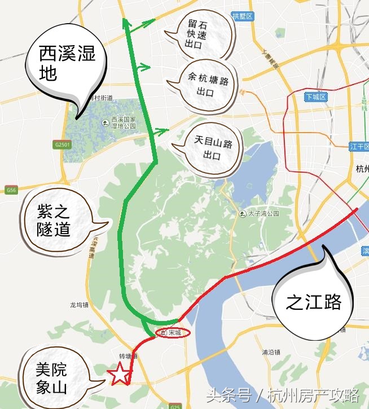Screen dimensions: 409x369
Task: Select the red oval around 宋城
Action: [x=172, y=333]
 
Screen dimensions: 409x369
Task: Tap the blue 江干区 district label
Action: [x=358, y=147]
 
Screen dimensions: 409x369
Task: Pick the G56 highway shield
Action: [x=11, y=190]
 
